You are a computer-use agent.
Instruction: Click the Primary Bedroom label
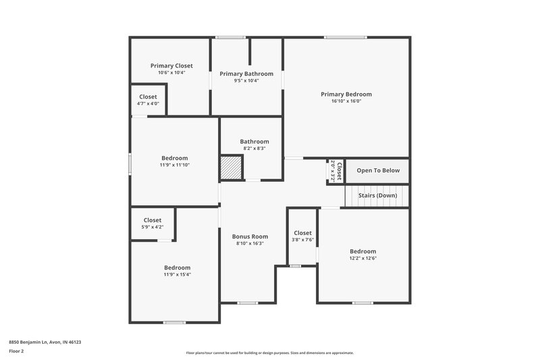[x=346, y=95]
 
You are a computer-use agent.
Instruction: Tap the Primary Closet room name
[x=171, y=66]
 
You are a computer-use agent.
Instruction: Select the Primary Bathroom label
[x=246, y=74]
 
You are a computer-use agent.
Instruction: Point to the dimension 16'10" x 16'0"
[x=346, y=101]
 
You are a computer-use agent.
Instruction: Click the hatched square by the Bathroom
[x=230, y=167]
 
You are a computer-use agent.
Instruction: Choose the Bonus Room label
[x=250, y=236]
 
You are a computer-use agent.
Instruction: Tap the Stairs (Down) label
[x=378, y=195]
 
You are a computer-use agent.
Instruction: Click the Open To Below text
[x=378, y=170]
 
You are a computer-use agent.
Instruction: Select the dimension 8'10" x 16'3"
[x=250, y=243]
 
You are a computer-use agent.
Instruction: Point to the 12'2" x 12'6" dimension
[x=363, y=258]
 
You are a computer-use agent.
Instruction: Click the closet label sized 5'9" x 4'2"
[x=153, y=220]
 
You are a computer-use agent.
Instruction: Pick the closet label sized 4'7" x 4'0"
[x=148, y=97]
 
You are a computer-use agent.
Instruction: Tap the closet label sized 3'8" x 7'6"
[x=303, y=233]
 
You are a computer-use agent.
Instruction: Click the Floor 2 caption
[x=16, y=351]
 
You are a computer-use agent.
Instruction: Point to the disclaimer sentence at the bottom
[x=269, y=353]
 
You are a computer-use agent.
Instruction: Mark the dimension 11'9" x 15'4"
[x=177, y=274]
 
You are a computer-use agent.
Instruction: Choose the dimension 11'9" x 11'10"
[x=174, y=165]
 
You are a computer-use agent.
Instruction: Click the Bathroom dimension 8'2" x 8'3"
[x=254, y=148]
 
